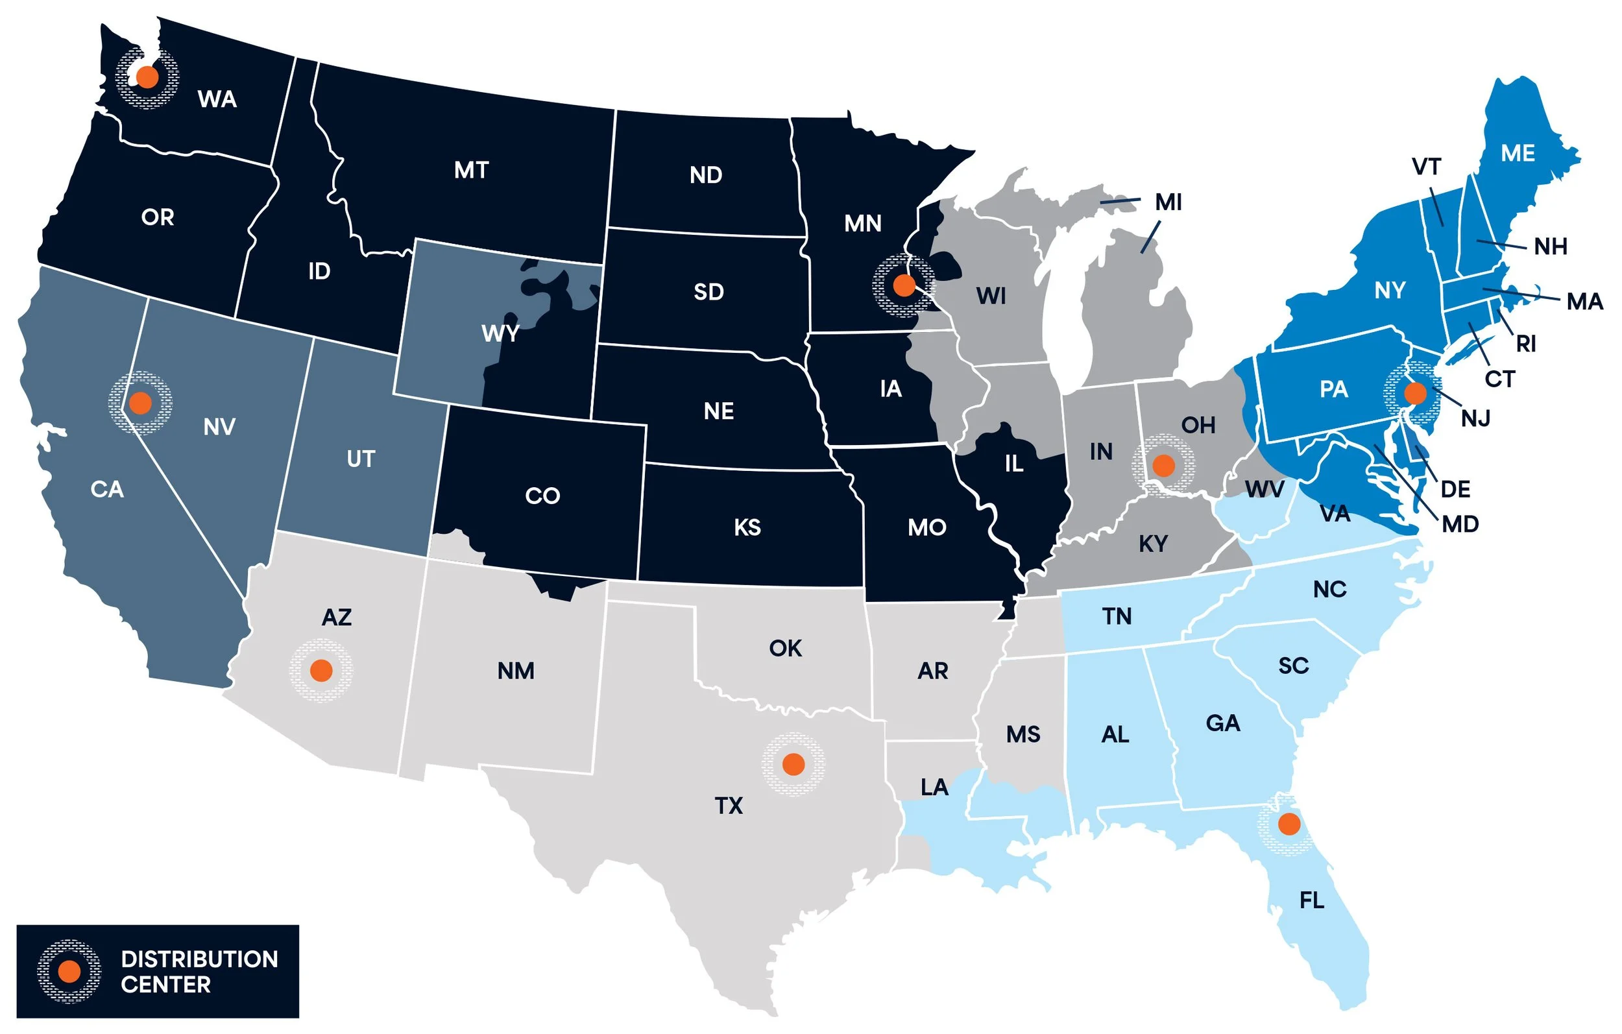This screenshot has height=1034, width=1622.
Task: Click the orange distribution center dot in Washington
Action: [147, 77]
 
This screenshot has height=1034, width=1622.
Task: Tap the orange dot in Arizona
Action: [321, 670]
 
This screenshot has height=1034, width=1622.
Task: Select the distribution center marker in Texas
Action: [793, 764]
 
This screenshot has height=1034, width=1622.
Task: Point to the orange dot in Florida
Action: [1289, 823]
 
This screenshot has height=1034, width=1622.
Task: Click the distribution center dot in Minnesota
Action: [904, 285]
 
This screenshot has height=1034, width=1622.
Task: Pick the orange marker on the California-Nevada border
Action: [140, 403]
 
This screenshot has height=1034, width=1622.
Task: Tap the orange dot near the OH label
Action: [1163, 465]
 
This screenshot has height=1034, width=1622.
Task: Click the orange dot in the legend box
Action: [69, 970]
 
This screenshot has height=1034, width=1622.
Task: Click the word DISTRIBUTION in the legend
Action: [199, 959]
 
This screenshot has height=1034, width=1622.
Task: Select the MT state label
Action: [471, 171]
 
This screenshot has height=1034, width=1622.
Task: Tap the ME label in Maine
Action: [1518, 154]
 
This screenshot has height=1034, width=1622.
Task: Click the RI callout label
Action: [1526, 344]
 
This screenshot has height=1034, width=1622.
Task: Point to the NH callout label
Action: [1551, 246]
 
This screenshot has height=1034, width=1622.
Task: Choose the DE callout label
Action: [1455, 489]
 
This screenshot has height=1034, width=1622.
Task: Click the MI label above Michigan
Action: [1168, 202]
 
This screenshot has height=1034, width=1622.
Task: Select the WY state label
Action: [500, 333]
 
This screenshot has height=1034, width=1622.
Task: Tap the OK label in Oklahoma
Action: [785, 648]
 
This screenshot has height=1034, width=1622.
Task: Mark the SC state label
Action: [1293, 666]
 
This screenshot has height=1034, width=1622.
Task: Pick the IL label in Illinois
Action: [1013, 463]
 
